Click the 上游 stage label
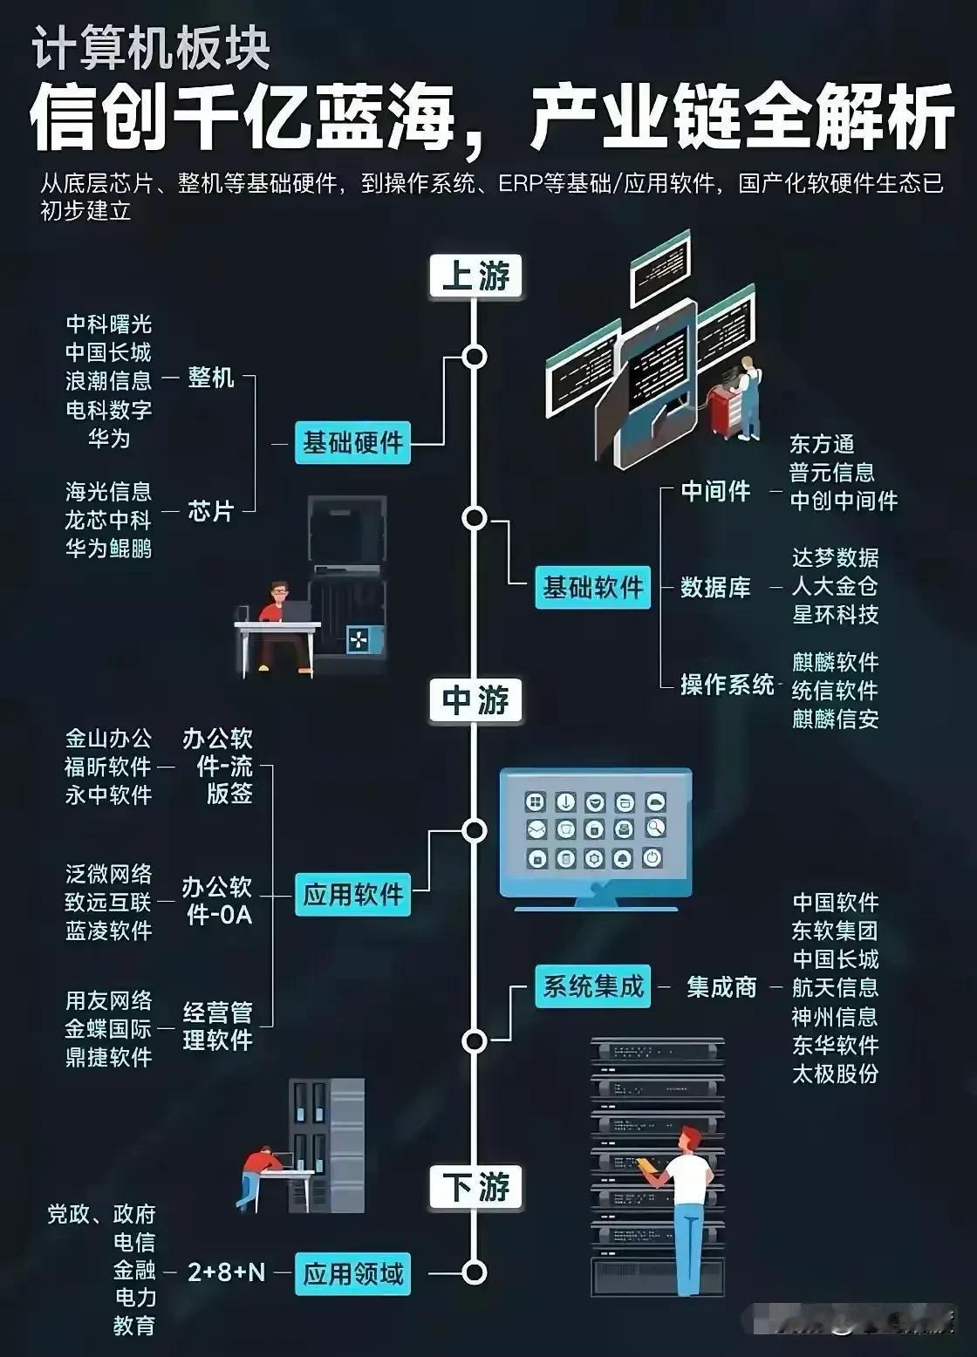click(475, 276)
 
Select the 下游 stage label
click(475, 1187)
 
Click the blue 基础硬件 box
click(352, 443)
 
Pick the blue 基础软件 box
click(592, 587)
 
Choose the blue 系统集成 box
click(592, 987)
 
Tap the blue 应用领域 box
click(352, 1274)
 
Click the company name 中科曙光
click(108, 324)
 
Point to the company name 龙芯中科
click(108, 520)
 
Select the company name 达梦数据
click(835, 558)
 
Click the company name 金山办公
click(108, 739)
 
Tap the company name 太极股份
click(835, 1074)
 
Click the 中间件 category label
click(716, 491)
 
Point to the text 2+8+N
click(227, 1272)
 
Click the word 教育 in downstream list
click(134, 1326)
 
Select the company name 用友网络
click(108, 1000)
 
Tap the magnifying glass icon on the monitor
click(655, 828)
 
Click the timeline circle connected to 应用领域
click(475, 1272)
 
